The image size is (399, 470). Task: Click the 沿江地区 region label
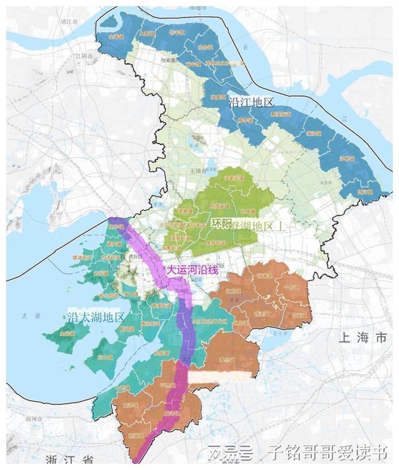point(251,101)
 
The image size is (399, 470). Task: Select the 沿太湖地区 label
point(97,317)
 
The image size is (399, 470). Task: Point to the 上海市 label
point(362,338)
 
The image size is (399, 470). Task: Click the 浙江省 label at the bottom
point(69,460)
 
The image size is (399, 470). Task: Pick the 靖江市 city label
point(68,21)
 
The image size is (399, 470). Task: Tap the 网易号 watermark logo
point(231,451)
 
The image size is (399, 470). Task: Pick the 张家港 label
point(168,60)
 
